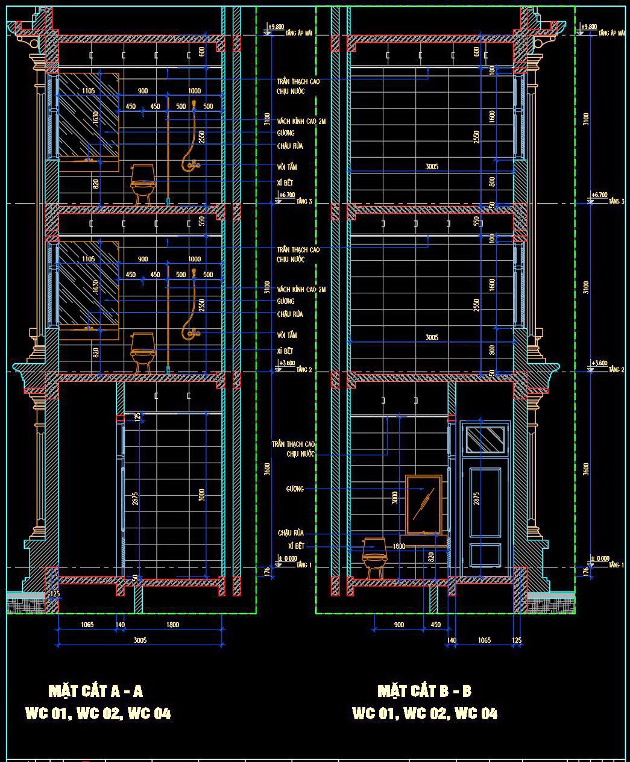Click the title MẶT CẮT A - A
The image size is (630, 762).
tap(95, 690)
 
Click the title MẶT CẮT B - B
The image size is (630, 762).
tap(424, 690)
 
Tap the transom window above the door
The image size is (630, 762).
tap(485, 439)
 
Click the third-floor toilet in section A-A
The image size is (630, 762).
tap(143, 183)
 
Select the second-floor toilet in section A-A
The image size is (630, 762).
tap(143, 351)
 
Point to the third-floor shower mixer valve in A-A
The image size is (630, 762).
tap(191, 163)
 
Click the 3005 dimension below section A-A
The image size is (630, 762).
tap(140, 640)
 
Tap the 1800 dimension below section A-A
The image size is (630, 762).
tap(172, 625)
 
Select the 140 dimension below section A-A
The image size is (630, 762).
tap(120, 625)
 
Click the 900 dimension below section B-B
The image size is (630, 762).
tap(398, 625)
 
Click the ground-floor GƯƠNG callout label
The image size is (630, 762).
tap(295, 489)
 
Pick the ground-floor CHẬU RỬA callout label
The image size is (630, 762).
tap(291, 533)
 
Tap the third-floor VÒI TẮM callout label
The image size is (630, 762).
tap(287, 167)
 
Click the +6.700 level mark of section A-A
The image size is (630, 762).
tap(287, 195)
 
